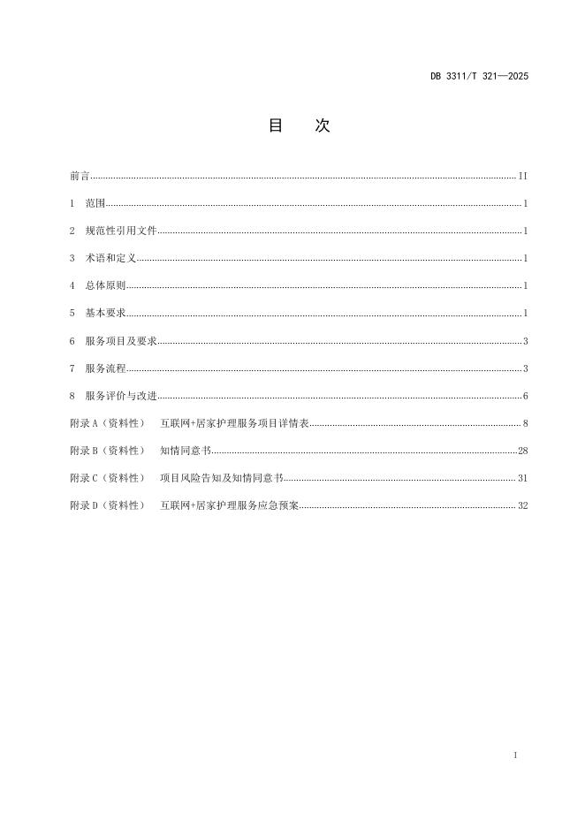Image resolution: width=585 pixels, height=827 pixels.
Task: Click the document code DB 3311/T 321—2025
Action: click(479, 76)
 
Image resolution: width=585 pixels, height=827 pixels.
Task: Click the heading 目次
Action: click(299, 126)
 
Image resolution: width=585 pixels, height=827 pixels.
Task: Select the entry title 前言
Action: click(80, 177)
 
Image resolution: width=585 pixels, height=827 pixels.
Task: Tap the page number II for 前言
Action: click(522, 177)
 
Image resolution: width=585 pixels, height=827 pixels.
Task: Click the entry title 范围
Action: click(95, 204)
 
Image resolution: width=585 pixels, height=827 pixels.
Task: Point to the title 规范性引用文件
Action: click(121, 231)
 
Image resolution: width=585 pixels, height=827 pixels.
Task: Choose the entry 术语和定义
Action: click(110, 259)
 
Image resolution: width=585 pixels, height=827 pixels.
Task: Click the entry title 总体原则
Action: click(106, 286)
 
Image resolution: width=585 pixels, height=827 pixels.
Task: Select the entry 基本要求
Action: click(106, 314)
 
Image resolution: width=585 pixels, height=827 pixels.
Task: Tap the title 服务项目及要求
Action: click(121, 341)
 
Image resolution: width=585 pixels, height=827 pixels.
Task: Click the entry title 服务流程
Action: click(106, 368)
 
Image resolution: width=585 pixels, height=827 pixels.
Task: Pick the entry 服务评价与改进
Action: click(121, 396)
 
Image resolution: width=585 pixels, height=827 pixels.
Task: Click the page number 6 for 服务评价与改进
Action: click(525, 396)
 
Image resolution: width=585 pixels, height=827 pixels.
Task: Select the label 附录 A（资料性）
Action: click(107, 423)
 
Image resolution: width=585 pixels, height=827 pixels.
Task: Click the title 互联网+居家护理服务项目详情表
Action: click(234, 423)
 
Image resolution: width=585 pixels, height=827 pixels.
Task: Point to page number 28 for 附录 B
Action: click(522, 451)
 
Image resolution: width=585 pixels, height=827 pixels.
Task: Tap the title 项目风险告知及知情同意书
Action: click(221, 478)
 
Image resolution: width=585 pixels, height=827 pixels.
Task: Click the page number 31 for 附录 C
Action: click(522, 478)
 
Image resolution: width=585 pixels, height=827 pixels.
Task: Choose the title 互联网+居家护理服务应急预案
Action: click(230, 505)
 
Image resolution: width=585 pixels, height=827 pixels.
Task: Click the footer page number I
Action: click(513, 756)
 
